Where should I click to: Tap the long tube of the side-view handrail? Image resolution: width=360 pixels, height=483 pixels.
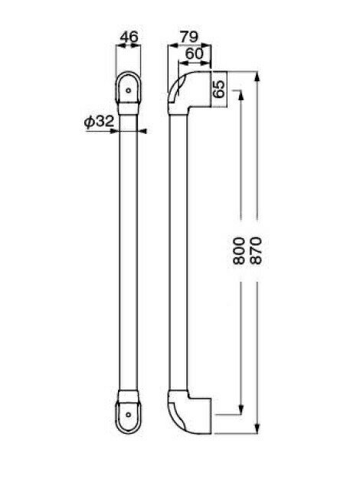[176, 253]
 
